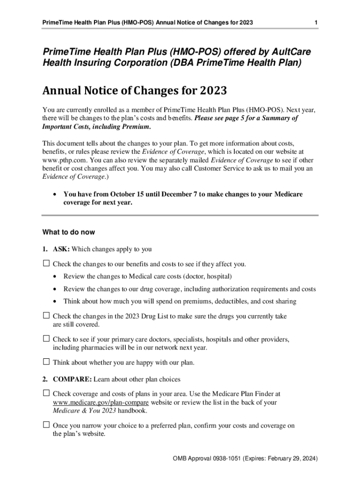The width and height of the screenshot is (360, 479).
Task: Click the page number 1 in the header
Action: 317,23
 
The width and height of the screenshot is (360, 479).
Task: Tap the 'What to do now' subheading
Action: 69,232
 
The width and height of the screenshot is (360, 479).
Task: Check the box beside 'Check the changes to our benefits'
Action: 46,264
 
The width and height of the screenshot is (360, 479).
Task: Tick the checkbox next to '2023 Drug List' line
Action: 46,316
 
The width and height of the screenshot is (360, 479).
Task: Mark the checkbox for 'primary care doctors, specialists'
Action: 46,339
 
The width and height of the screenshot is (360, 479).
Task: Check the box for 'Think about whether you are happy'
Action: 46,362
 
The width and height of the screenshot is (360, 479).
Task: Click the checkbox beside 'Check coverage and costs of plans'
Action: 46,394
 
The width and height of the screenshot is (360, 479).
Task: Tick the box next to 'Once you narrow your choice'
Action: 46,425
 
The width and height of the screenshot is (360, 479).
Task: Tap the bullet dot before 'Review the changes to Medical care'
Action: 56,276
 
